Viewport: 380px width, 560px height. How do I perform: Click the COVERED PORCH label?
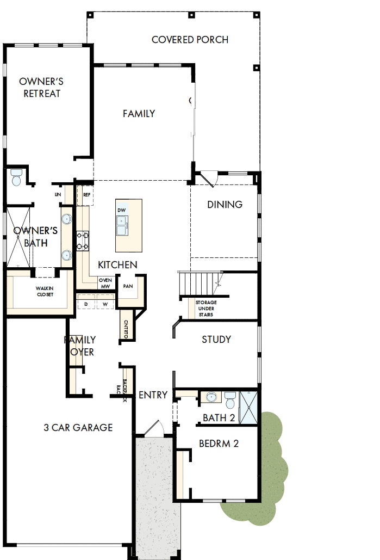[x=190, y=40]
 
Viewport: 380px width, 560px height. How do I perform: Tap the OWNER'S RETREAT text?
[x=41, y=88]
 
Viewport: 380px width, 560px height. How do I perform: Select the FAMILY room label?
[x=139, y=114]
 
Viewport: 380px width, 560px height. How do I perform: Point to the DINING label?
[x=225, y=205]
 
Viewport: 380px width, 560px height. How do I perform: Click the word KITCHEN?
[x=117, y=265]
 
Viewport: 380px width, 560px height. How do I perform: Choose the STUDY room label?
[x=216, y=340]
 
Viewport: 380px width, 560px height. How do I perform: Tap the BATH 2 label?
[x=219, y=418]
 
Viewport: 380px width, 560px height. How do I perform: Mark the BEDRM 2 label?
[x=219, y=444]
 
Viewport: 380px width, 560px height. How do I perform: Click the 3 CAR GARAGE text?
[x=78, y=428]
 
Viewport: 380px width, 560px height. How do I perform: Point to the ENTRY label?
[x=153, y=395]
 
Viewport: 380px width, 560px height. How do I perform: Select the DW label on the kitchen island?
[x=121, y=210]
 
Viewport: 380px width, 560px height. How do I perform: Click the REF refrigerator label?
[x=86, y=194]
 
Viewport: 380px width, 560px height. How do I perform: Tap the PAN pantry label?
[x=128, y=286]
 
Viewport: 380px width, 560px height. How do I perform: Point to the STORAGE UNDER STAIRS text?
[x=206, y=309]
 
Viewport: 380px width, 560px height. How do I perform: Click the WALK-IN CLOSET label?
[x=45, y=291]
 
